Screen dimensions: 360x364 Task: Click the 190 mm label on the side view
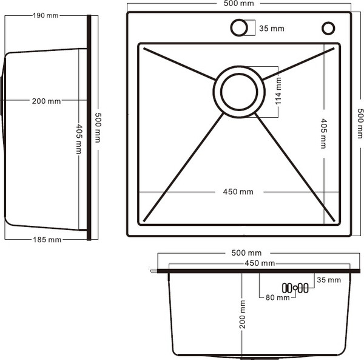coord(46,15)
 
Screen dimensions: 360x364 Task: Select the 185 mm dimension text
coord(46,239)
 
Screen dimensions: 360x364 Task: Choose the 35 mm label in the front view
coord(329,280)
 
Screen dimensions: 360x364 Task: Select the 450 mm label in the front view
coord(259,263)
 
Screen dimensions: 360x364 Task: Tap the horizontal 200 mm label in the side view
coord(46,101)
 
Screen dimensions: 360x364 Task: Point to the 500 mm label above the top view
coord(238,4)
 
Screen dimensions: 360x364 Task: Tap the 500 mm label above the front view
coord(247,253)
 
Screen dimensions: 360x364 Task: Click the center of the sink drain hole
coord(239,93)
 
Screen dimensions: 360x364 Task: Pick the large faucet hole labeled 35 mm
coord(238,28)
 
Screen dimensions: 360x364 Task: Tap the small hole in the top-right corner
coord(328,28)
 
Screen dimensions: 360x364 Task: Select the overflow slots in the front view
coord(295,288)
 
